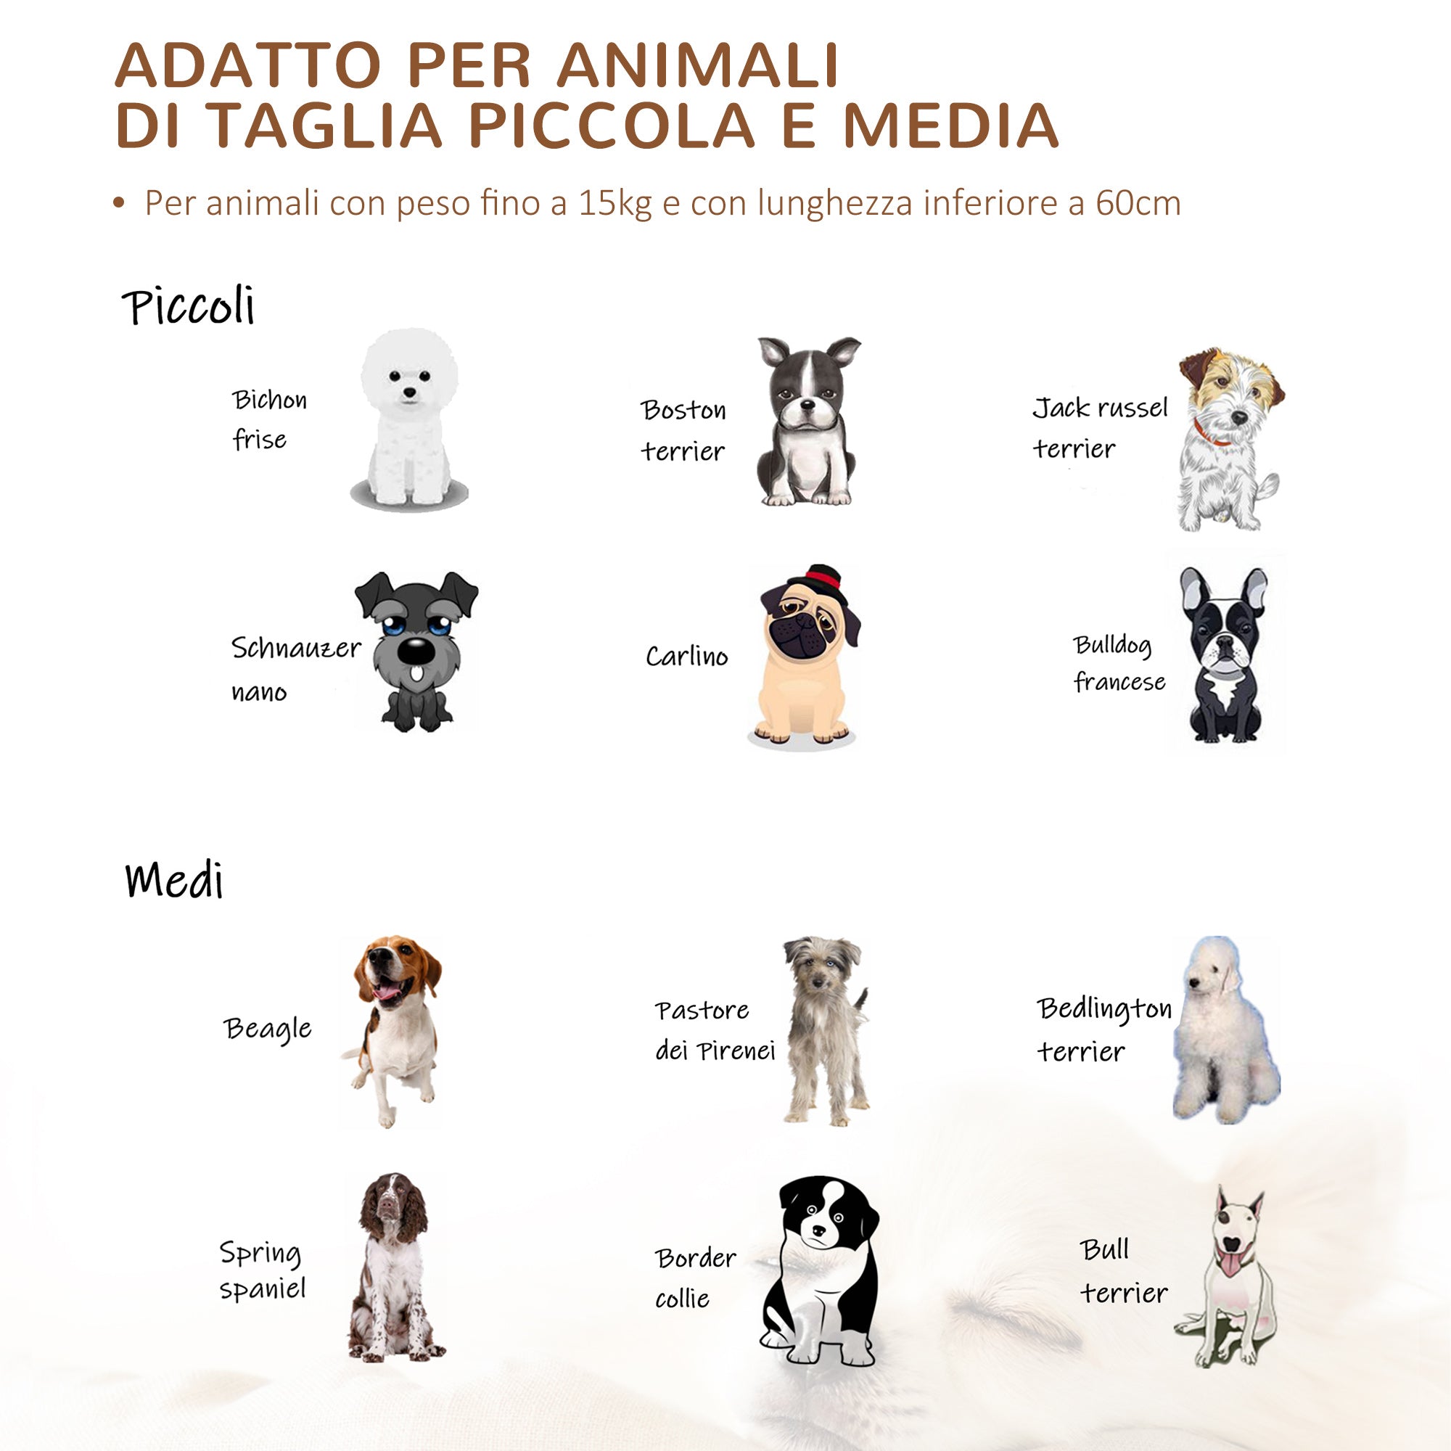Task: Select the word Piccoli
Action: click(x=189, y=306)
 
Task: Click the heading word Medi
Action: click(x=174, y=880)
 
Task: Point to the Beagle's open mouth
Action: click(x=387, y=994)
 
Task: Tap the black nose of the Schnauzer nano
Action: click(x=414, y=650)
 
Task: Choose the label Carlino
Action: click(x=686, y=657)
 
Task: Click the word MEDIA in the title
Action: click(x=950, y=125)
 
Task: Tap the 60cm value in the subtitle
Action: click(x=1138, y=204)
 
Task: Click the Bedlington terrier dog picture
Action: click(x=1225, y=1029)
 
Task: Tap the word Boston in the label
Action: click(x=683, y=410)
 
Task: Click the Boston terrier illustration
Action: click(x=807, y=421)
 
